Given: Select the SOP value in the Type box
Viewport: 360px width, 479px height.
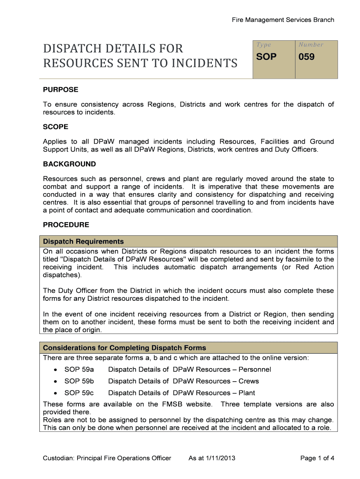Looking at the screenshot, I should [266, 57].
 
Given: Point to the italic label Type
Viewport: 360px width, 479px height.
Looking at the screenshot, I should [263, 45].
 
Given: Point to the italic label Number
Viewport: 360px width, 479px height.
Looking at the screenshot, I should [311, 45].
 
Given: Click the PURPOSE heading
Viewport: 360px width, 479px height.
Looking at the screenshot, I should [61, 89].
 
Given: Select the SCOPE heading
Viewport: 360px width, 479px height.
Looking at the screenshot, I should [56, 127].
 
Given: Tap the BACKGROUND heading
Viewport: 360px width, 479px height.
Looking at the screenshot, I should [69, 164].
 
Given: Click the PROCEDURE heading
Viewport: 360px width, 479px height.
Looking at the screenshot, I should [66, 225].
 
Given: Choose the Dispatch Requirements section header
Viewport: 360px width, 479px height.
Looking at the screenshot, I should [83, 241].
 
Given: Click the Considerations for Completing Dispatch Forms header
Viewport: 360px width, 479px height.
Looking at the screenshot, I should [124, 348].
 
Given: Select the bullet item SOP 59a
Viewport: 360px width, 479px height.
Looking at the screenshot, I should [79, 370].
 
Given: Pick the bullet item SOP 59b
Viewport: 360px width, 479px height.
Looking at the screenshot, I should [79, 381].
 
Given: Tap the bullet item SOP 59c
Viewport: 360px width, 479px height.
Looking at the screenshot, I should [79, 393].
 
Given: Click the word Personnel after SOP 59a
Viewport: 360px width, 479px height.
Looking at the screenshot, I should [254, 370].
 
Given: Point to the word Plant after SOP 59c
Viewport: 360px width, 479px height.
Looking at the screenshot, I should [246, 393].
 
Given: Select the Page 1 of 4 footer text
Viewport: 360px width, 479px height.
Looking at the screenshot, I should [317, 458].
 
